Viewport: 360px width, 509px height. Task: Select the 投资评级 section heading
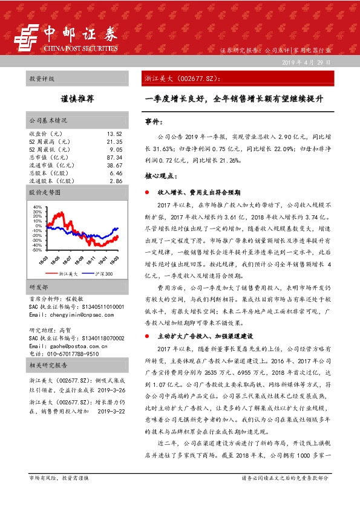tap(42, 79)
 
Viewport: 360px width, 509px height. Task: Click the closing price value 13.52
tap(114, 133)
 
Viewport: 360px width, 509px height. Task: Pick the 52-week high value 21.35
tap(114, 141)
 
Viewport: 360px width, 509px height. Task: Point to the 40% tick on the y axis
tap(38, 206)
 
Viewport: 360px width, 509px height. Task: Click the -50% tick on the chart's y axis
tap(37, 249)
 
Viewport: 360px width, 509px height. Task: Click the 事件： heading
tap(155, 122)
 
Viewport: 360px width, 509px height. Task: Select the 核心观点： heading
tap(160, 176)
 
